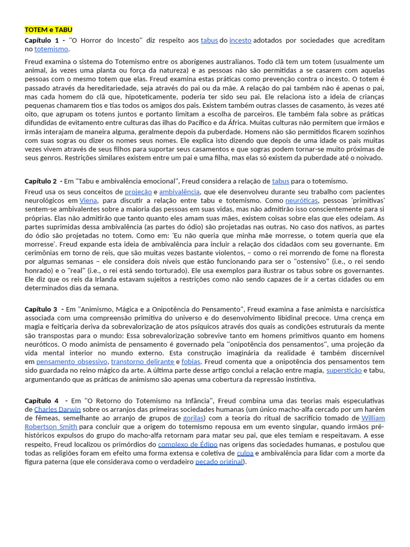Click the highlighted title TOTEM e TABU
[x=48, y=30]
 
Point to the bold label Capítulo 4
[x=42, y=401]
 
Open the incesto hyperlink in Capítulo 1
[x=240, y=41]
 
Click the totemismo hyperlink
[x=51, y=49]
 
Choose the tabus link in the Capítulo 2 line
[x=280, y=181]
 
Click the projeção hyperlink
[x=138, y=192]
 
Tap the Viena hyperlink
[x=88, y=200]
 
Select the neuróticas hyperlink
[x=301, y=200]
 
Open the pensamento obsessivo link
[x=72, y=362]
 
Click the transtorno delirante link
[x=142, y=362]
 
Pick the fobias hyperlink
[x=191, y=362]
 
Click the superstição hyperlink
[x=344, y=370]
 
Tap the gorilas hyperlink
[x=193, y=418]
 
